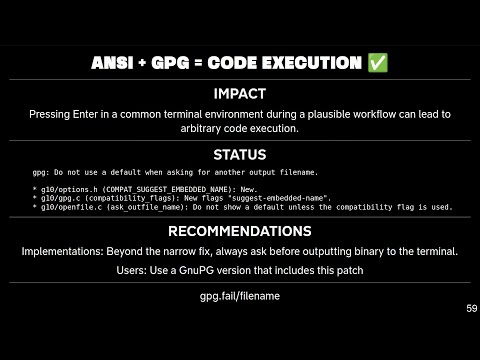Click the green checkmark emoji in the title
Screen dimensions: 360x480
point(377,63)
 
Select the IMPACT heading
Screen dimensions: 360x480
point(240,94)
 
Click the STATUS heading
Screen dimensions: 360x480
point(240,155)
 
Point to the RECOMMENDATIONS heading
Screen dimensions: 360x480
point(240,231)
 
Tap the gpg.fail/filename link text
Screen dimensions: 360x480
point(240,296)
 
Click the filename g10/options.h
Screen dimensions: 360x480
point(64,189)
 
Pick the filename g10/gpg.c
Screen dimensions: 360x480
point(56,198)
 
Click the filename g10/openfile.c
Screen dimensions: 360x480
point(68,207)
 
